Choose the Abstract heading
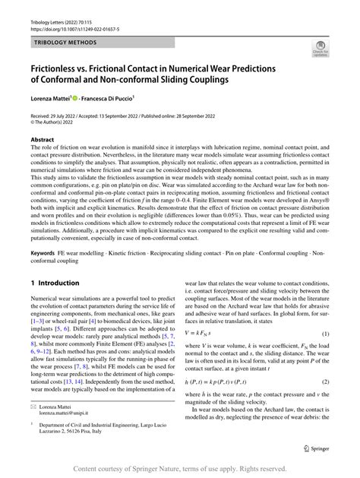(x=43, y=140)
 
